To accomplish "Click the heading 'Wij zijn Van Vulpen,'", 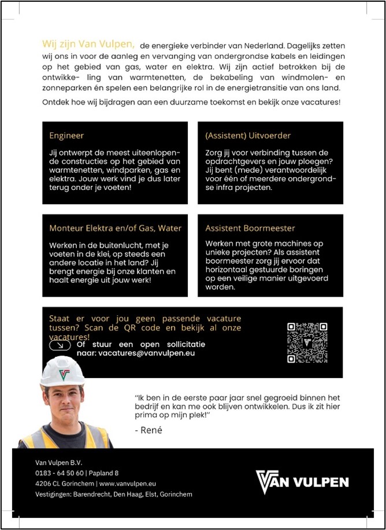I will coord(88,44).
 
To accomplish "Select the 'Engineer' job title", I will coord(66,136).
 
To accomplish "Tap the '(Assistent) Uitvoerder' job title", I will coord(248,136).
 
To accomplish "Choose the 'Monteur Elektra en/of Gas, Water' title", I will coord(115,228).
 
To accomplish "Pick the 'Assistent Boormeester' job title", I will coord(250,228).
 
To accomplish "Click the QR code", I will coord(307,342).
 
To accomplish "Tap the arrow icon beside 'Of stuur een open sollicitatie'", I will coord(60,345).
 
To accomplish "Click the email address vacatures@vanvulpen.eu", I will coord(146,352).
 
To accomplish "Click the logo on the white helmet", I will coord(64,374).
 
